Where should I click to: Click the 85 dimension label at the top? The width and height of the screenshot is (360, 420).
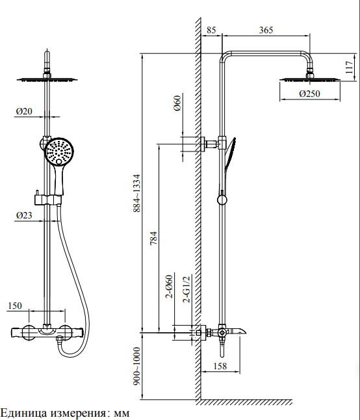click(x=211, y=30)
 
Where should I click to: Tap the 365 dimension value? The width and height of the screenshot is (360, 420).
click(x=266, y=30)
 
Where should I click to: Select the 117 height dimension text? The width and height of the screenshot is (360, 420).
click(x=349, y=67)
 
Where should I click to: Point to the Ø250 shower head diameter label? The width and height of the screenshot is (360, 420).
click(x=309, y=94)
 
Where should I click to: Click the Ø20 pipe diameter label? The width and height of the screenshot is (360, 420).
click(x=24, y=111)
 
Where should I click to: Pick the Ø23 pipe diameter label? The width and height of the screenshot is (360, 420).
click(x=24, y=215)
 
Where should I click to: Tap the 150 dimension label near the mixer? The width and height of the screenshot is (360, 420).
click(x=15, y=306)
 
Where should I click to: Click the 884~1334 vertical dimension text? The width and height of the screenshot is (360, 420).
click(x=136, y=193)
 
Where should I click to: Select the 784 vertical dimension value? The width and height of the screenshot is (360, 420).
click(x=153, y=238)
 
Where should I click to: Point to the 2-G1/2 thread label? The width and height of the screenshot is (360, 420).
click(x=186, y=289)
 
